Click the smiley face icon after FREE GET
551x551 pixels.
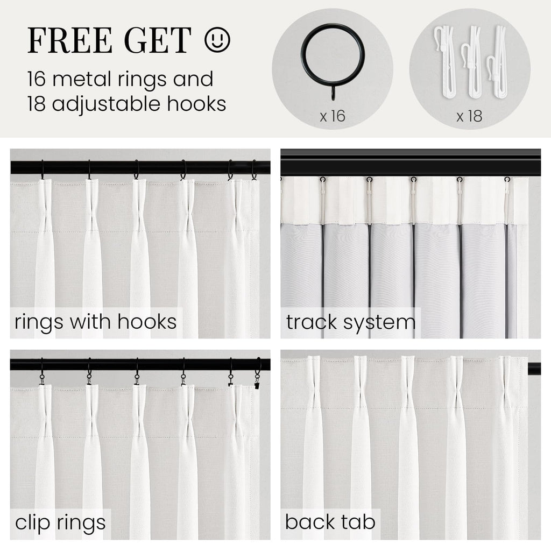[217, 40]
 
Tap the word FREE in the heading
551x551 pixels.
[70, 40]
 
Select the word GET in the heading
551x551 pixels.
[158, 40]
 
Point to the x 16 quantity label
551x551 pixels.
[333, 116]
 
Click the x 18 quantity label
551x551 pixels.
[469, 116]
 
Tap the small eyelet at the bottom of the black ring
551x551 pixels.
[333, 94]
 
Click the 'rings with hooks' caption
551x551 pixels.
[96, 322]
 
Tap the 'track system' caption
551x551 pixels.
[351, 322]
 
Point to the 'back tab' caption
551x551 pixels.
[330, 522]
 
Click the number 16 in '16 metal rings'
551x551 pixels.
[37, 79]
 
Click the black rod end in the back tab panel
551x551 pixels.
[534, 369]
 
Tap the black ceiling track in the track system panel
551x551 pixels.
[411, 163]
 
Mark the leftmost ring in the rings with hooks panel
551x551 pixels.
[43, 170]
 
